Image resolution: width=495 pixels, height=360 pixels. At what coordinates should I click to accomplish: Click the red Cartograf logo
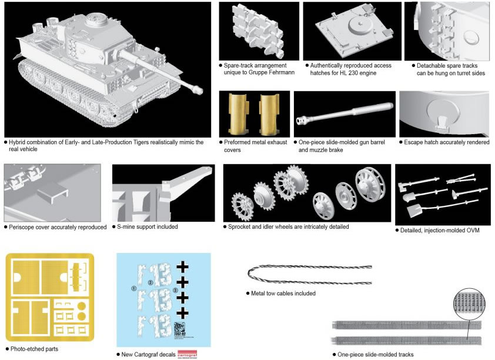point(187,354)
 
